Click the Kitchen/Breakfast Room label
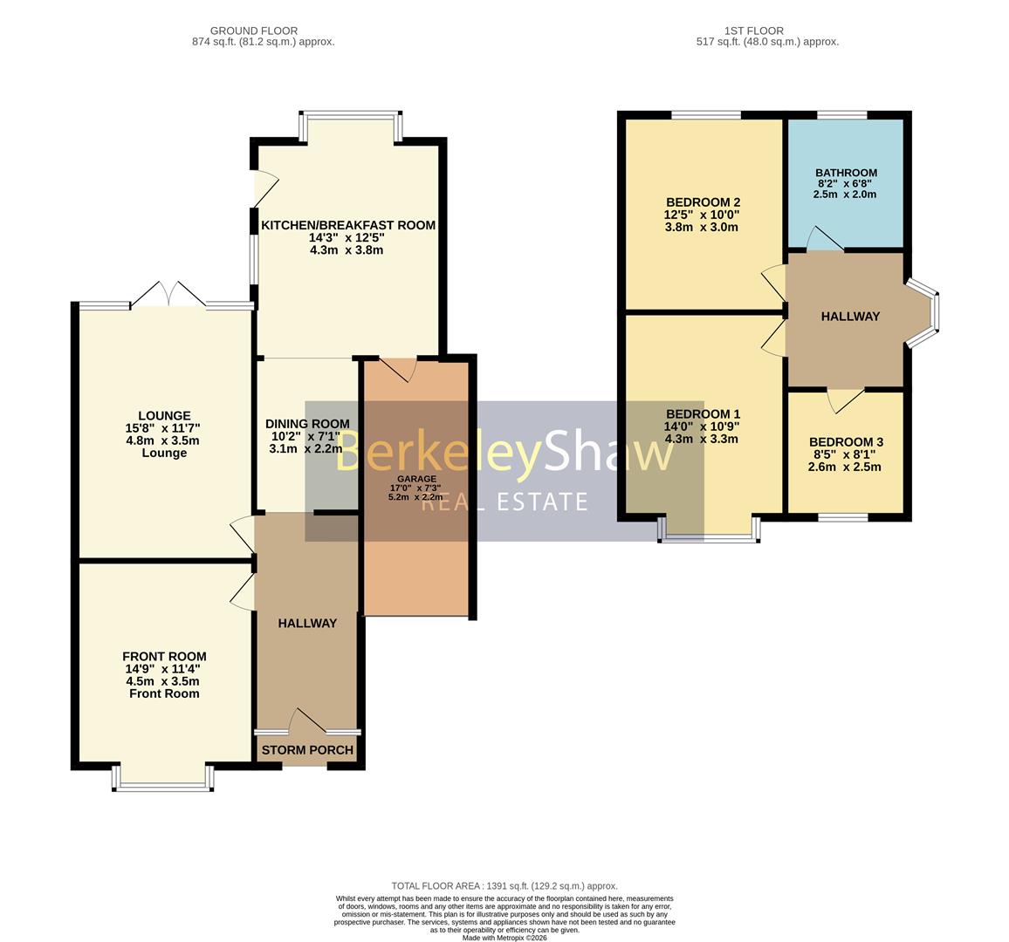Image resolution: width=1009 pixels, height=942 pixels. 348,225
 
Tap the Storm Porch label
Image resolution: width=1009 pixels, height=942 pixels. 307,750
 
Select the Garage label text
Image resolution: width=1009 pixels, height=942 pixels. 416,478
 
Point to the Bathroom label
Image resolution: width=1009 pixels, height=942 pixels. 846,173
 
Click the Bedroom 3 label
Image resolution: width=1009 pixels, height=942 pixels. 846,441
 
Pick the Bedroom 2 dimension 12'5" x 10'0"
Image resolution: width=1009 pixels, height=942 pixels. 702,215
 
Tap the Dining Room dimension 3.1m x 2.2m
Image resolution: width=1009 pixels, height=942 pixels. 305,449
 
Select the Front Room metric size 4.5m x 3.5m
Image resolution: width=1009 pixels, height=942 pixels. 163,681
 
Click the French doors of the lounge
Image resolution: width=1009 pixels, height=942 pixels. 168,294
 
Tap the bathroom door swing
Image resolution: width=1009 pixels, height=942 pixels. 825,238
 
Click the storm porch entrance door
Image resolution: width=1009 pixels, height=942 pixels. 309,720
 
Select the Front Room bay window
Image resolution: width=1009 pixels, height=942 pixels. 163,778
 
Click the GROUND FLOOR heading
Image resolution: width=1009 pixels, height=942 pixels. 253,31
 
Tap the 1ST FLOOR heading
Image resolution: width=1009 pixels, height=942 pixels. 754,31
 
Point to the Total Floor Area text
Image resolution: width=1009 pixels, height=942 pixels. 504,886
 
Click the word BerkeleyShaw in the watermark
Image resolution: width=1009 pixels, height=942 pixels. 504,453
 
